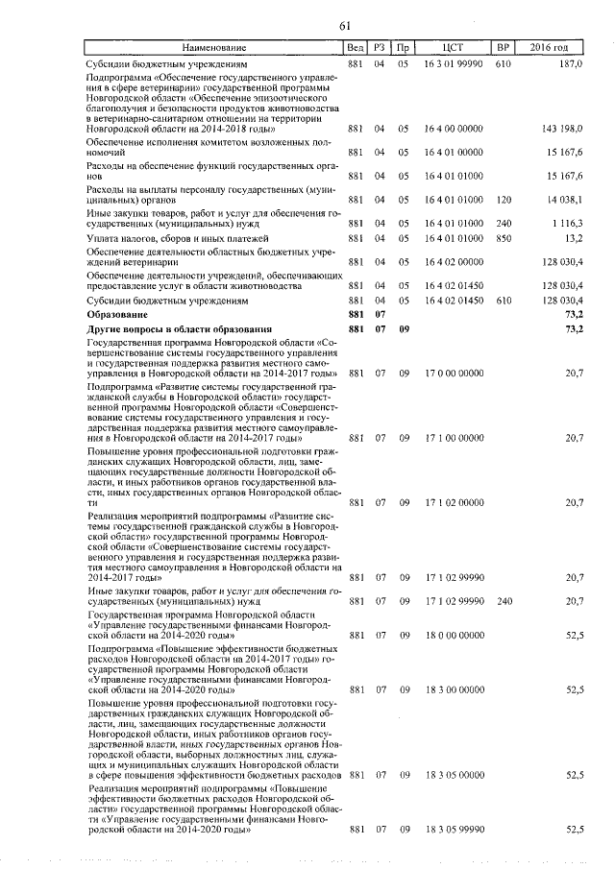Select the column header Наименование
pos(212,47)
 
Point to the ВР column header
pos(502,47)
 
